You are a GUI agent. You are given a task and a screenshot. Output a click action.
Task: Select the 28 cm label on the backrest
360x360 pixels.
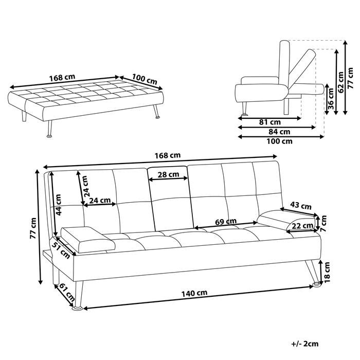tap(169, 174)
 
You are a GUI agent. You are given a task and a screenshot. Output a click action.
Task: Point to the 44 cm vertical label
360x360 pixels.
tap(60, 204)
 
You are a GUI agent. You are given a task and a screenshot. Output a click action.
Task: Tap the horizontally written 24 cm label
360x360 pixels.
tap(99, 200)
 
